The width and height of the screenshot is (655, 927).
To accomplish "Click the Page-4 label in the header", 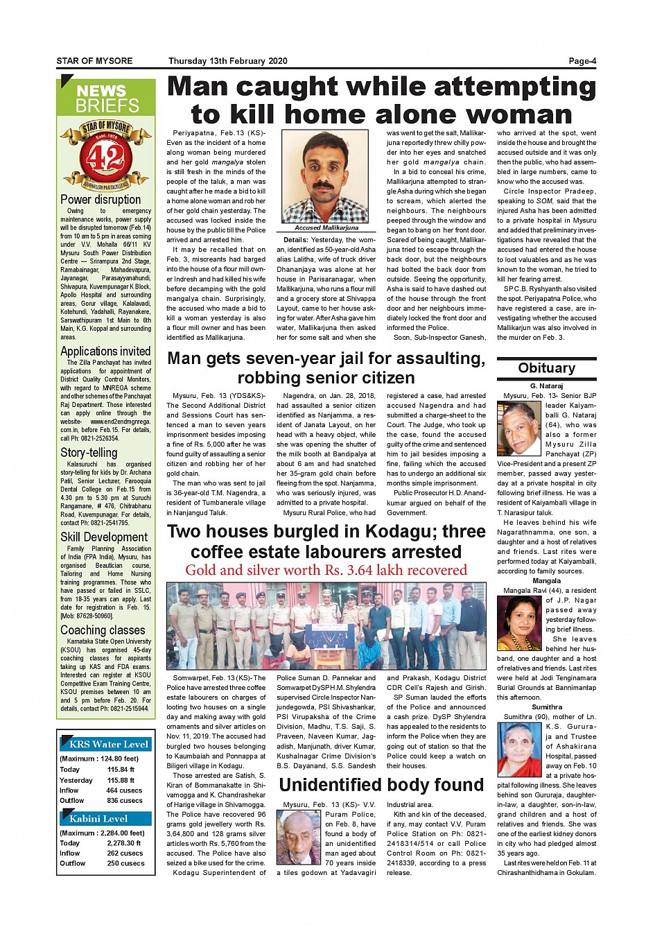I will (x=582, y=61).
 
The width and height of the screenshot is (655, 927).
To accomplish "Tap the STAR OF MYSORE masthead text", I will (x=94, y=61).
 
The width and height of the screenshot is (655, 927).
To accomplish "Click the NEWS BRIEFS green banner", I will (x=107, y=98).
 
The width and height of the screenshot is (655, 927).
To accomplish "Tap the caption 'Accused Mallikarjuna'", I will (x=326, y=228).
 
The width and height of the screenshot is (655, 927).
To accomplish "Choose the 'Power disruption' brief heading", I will (x=101, y=200).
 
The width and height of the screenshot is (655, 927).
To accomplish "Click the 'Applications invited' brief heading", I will (x=105, y=352).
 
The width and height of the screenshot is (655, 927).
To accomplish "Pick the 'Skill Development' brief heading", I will (x=104, y=537).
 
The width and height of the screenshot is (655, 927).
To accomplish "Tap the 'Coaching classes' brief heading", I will (x=103, y=630).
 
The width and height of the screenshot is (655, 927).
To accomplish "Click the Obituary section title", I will (x=546, y=368).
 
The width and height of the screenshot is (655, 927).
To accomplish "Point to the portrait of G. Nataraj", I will (x=518, y=428).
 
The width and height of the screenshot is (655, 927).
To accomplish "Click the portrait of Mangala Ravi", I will (x=519, y=623).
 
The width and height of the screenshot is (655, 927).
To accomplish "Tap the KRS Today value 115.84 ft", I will (x=121, y=770).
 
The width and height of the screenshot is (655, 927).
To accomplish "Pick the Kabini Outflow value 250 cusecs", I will (x=125, y=864).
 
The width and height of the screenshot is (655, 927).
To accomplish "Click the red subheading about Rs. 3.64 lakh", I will (x=326, y=571).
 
